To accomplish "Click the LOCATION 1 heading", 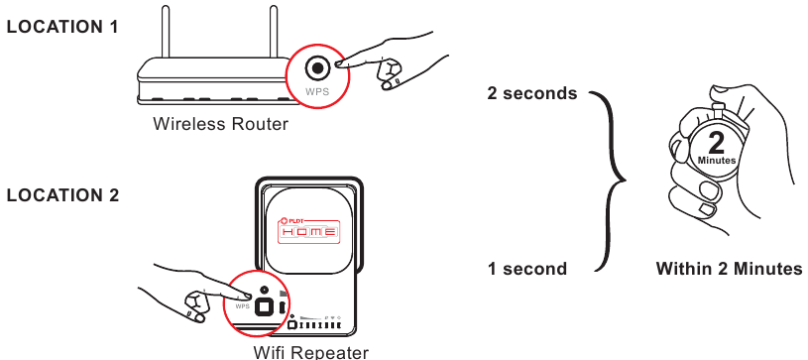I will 62,27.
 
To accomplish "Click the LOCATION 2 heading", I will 62,195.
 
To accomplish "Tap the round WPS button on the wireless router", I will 317,68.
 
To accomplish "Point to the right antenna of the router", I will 269,31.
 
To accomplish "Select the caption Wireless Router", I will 220,125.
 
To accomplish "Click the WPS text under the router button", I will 316,91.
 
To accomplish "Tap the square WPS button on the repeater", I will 265,306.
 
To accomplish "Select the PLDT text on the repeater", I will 293,219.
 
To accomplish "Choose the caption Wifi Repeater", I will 310,352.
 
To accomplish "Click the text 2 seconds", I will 531,94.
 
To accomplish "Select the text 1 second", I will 527,269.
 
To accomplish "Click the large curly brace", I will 611,180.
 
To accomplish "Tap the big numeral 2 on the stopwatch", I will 716,142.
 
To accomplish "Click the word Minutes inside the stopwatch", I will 716,161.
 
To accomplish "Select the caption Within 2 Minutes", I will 729,269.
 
